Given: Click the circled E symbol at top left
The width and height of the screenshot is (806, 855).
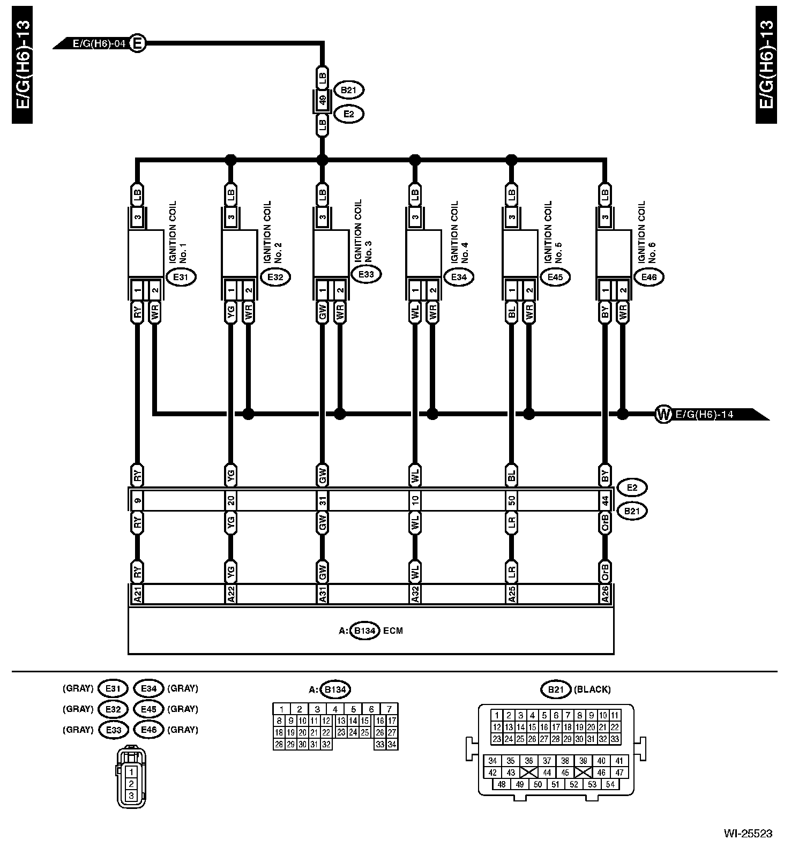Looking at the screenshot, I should [138, 43].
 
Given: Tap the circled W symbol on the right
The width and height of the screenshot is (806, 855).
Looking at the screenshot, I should [663, 414].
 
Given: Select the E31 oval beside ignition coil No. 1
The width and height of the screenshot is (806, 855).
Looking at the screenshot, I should [181, 277].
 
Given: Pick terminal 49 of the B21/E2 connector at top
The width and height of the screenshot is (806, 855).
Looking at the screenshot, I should [322, 100].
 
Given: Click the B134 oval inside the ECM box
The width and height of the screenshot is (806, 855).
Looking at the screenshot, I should [365, 631].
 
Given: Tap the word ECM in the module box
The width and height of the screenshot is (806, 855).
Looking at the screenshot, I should [393, 631].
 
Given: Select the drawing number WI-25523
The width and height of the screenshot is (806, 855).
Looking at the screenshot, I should [748, 834].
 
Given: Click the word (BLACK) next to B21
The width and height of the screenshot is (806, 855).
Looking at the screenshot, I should [592, 689].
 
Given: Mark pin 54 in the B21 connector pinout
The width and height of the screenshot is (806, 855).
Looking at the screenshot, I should [610, 784].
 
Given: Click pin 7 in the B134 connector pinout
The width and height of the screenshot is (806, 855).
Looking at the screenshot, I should [389, 709].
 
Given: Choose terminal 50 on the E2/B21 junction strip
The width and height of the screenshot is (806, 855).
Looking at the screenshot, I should [512, 501].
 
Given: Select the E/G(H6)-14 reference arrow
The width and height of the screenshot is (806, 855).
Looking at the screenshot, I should [713, 414].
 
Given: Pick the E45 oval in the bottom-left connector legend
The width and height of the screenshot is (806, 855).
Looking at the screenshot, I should [148, 709].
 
